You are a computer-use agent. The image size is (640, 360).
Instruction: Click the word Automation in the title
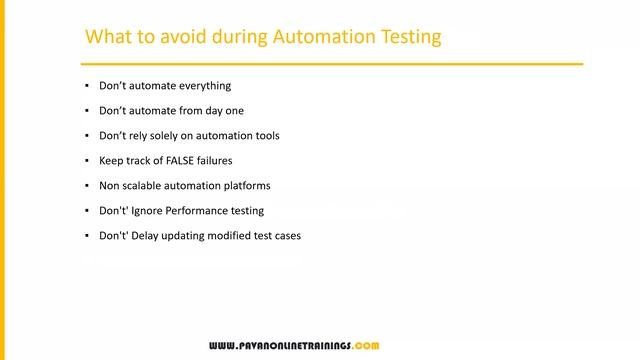321,37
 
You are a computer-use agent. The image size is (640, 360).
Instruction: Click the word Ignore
147,211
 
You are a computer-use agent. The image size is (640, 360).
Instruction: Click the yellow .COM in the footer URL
365,345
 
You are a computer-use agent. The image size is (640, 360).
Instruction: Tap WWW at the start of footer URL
222,345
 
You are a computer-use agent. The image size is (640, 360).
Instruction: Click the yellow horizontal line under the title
330,64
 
